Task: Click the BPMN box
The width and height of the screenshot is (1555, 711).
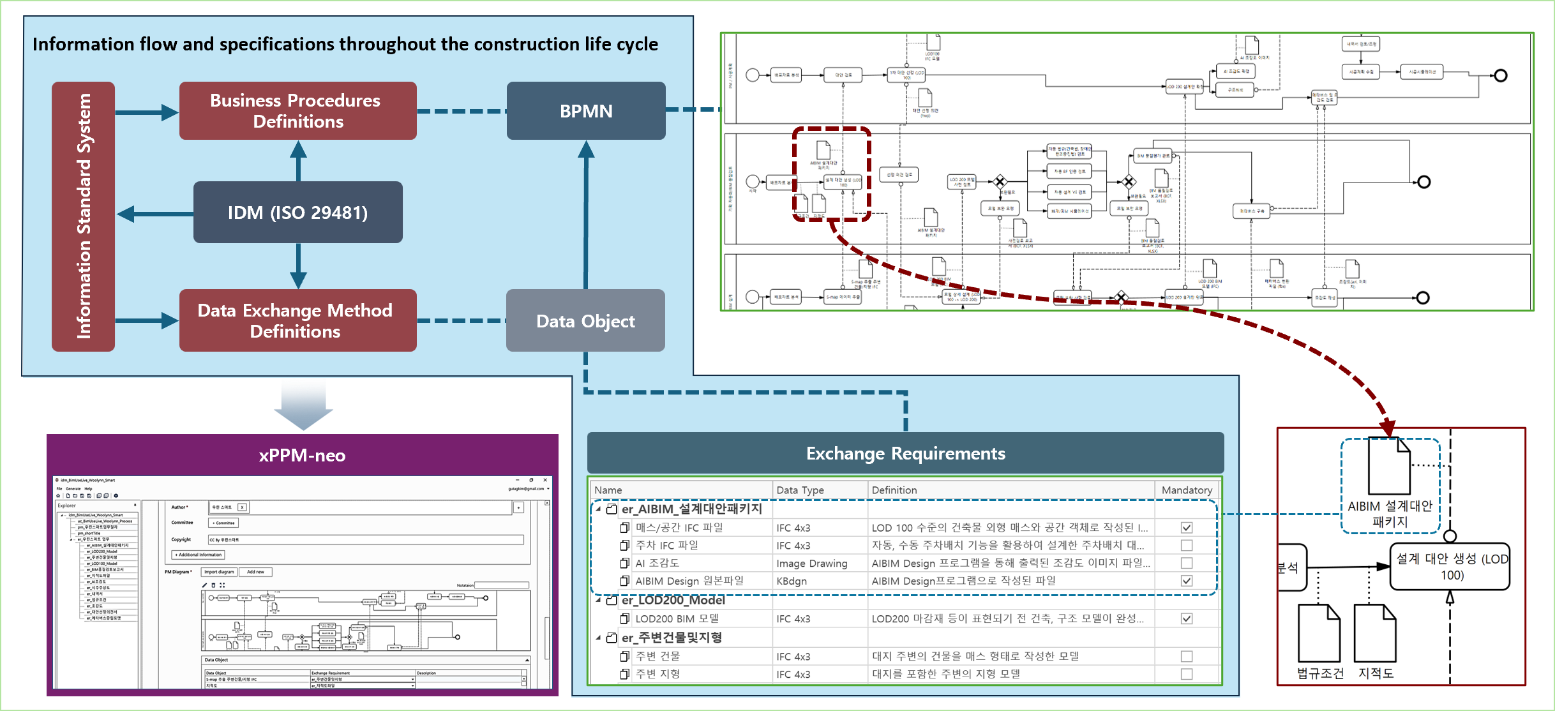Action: tap(586, 111)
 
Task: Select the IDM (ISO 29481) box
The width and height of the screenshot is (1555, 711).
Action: tap(297, 213)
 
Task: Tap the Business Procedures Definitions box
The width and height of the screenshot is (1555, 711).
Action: tap(297, 111)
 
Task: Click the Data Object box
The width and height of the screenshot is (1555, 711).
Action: tap(585, 321)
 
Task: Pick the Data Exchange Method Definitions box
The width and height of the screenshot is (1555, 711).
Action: tap(297, 321)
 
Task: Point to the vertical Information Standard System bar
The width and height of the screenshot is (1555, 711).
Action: tap(84, 216)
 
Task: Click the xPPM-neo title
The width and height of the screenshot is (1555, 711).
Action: tap(302, 456)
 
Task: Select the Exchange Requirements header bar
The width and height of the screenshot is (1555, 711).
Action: tap(905, 454)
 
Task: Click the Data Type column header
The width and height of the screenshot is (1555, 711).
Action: tap(800, 490)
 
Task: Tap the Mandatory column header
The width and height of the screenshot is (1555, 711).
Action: tap(1187, 490)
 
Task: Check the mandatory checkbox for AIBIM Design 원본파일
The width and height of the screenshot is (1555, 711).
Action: tap(1187, 581)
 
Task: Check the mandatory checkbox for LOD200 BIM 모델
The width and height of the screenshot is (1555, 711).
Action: tap(1187, 618)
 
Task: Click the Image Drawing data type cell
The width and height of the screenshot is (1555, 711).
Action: tap(811, 564)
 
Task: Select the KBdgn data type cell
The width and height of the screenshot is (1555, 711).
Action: tap(792, 581)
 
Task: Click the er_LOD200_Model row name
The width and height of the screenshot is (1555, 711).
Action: tap(673, 601)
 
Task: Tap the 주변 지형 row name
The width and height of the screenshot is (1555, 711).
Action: tap(657, 674)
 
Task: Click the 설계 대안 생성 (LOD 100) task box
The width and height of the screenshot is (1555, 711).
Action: tap(1450, 567)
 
